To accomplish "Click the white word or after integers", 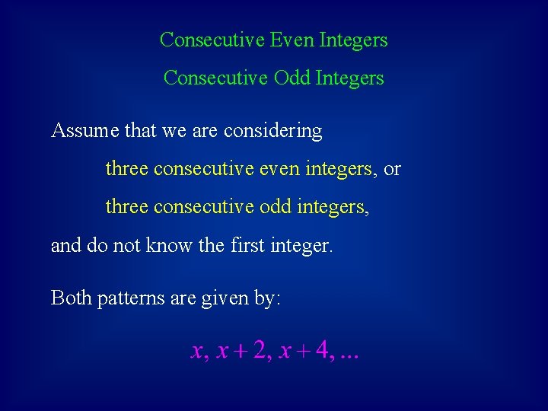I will (392, 169).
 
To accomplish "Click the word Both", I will (71, 298).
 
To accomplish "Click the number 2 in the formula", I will (260, 350).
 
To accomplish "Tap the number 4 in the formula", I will (323, 350).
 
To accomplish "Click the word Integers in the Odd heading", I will (351, 78).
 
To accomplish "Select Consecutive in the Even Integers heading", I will (212, 40).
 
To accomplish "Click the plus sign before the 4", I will (304, 352).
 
